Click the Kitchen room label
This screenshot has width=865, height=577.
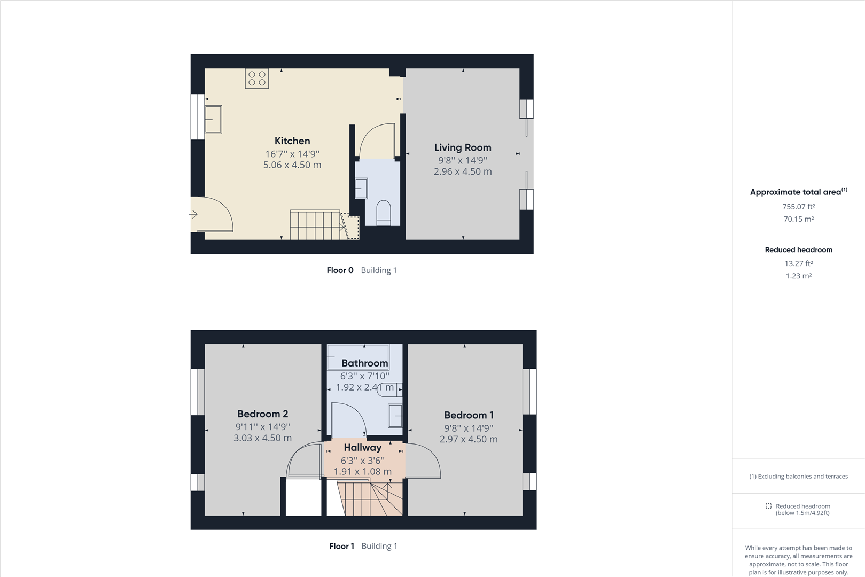click(292, 141)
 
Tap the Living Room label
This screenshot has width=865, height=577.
click(463, 147)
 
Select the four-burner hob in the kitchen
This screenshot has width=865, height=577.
click(257, 79)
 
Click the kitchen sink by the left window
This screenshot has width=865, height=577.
click(213, 119)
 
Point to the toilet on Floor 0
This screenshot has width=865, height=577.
click(384, 213)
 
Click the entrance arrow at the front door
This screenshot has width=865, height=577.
click(193, 214)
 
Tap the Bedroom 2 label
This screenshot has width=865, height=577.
click(262, 414)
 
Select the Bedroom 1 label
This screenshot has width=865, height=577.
click(469, 415)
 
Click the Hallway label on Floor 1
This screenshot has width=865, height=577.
click(363, 448)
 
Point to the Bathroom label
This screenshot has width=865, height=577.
click(364, 363)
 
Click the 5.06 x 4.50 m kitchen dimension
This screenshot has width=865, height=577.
click(292, 165)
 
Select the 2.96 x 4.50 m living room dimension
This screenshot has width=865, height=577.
click(463, 171)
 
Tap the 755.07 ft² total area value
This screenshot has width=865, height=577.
click(799, 207)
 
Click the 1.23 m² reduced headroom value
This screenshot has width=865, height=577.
click(799, 276)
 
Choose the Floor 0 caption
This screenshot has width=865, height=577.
click(340, 270)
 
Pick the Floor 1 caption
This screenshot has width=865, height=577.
click(341, 546)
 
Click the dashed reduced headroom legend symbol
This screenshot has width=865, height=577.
click(768, 506)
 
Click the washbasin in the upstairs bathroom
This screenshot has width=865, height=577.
click(395, 416)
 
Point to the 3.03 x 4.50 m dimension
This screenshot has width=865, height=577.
click(262, 438)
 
